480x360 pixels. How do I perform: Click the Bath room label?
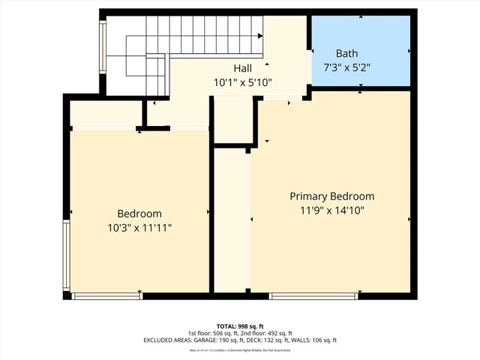346,53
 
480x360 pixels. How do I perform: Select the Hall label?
243,68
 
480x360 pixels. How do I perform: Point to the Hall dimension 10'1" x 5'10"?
243,83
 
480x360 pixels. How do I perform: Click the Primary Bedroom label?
331,196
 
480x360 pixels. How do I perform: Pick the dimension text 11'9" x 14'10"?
331,211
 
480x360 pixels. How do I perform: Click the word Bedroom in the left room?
139,214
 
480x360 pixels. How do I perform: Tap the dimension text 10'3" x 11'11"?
139,228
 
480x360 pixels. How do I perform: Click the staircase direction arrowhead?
260,35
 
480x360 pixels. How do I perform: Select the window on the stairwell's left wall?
103,46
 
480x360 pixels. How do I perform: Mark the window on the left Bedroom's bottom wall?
106,296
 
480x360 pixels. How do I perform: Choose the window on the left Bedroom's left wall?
67,255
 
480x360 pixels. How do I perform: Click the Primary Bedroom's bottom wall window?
313,296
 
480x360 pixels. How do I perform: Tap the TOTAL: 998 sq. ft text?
240,325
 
